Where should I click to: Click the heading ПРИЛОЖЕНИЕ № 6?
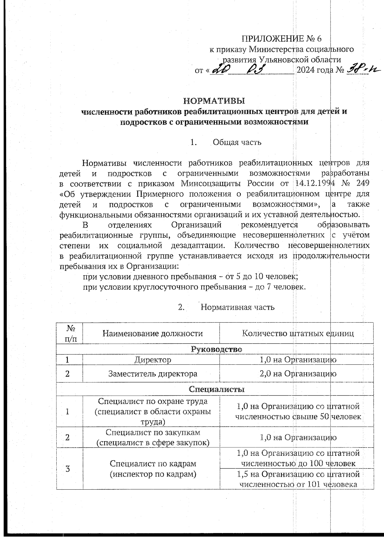281,39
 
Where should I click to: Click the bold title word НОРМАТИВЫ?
214,101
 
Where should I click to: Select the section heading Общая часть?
237,142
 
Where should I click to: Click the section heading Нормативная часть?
237,307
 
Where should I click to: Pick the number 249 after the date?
362,183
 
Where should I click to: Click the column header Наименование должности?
153,334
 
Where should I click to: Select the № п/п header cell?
70,334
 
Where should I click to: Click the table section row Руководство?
216,349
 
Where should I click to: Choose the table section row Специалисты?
216,389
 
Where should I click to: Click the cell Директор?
153,360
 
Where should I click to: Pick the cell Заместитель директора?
153,374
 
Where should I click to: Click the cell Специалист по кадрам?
153,469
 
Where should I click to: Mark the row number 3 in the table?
68,469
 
